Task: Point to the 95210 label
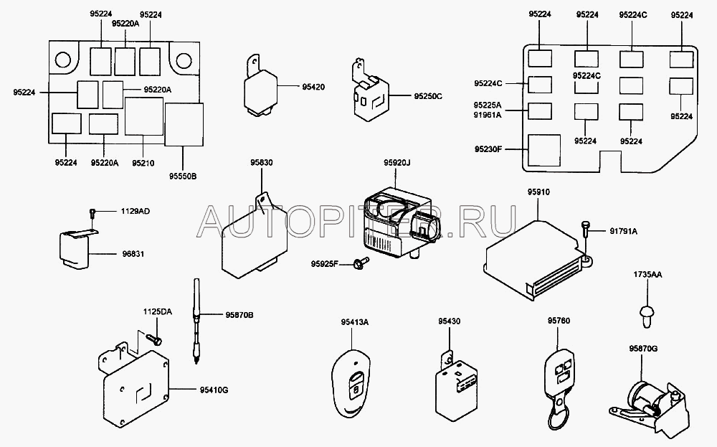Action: (143, 163)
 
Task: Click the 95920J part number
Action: (399, 163)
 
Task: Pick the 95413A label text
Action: (355, 321)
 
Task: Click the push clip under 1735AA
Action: (647, 313)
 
